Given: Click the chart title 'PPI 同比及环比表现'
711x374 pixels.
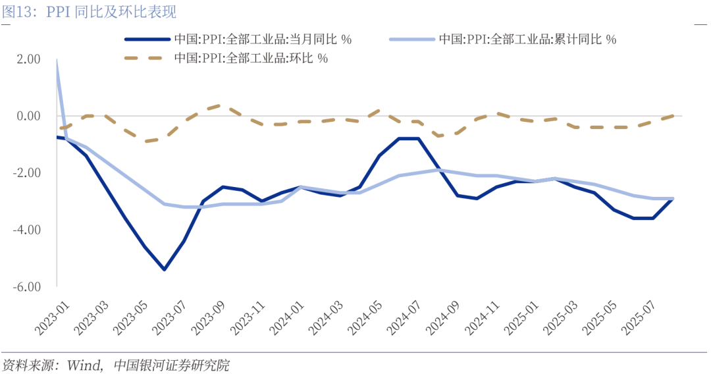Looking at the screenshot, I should [112, 12].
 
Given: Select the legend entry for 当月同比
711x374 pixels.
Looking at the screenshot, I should [263, 40].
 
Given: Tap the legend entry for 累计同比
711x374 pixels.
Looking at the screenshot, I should [527, 40].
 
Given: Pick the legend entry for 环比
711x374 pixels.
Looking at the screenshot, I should [251, 58].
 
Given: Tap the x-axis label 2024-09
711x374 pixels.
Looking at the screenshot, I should [442, 315].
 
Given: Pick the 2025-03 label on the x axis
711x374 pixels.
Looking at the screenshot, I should [560, 315].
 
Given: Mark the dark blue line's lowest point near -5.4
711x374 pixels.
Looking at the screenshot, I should [164, 269].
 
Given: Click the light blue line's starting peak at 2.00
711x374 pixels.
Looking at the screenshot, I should [57, 60].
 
